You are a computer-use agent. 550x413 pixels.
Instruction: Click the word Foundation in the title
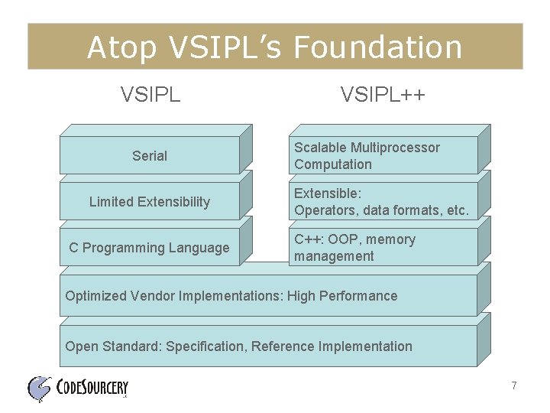click(377, 47)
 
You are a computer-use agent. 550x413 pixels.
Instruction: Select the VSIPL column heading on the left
click(150, 95)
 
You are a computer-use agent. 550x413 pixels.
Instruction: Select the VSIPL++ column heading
click(383, 95)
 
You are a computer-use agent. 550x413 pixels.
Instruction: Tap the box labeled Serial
click(150, 156)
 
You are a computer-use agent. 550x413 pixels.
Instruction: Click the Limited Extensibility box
click(150, 202)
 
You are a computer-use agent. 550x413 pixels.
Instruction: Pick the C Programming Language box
click(150, 248)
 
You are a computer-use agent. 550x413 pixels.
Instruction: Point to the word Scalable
click(320, 148)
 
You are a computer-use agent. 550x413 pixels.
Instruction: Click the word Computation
click(333, 164)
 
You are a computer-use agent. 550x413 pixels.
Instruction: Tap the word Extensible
click(328, 193)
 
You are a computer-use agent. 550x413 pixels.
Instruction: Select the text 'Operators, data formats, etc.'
click(381, 210)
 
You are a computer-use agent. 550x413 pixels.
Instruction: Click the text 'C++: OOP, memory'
click(354, 239)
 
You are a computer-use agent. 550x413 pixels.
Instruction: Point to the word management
click(334, 256)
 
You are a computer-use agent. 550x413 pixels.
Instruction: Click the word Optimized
click(94, 296)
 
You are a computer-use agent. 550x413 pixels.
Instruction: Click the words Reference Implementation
click(332, 346)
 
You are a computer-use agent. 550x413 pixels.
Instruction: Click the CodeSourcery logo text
click(92, 389)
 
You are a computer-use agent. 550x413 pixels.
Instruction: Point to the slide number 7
click(514, 386)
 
